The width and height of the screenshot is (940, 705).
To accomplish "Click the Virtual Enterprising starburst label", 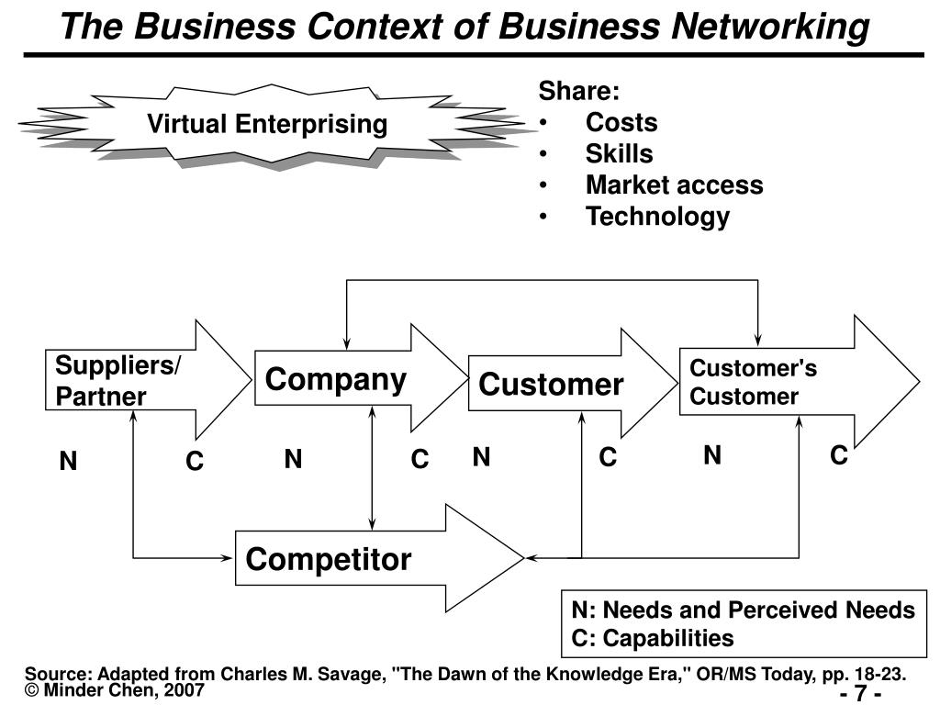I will [268, 124].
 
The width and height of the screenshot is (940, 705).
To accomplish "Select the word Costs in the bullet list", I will [621, 123].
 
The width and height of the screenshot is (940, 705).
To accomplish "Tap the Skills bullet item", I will [619, 153].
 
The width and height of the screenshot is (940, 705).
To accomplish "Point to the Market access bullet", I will [674, 185].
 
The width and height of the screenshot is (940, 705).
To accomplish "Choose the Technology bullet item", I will [657, 217].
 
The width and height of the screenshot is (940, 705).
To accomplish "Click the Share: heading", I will [578, 91].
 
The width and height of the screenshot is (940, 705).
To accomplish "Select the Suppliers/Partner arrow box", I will [119, 380].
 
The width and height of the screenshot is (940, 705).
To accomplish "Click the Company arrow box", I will [336, 379].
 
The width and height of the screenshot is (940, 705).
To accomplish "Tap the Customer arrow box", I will [551, 384].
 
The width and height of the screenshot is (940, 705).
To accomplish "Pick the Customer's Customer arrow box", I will [753, 382].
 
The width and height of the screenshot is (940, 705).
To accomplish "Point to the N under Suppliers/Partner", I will [68, 462].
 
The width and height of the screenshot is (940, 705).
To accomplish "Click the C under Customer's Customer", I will [838, 455].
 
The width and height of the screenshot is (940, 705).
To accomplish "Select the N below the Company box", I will [293, 459].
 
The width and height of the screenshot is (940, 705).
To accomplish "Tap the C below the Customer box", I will [608, 457].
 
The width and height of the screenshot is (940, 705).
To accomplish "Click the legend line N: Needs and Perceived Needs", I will [743, 610].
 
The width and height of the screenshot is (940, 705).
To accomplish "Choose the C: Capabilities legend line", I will [652, 638].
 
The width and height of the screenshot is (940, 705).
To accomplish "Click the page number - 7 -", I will [860, 693].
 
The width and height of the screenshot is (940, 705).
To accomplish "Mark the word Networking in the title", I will [770, 28].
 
